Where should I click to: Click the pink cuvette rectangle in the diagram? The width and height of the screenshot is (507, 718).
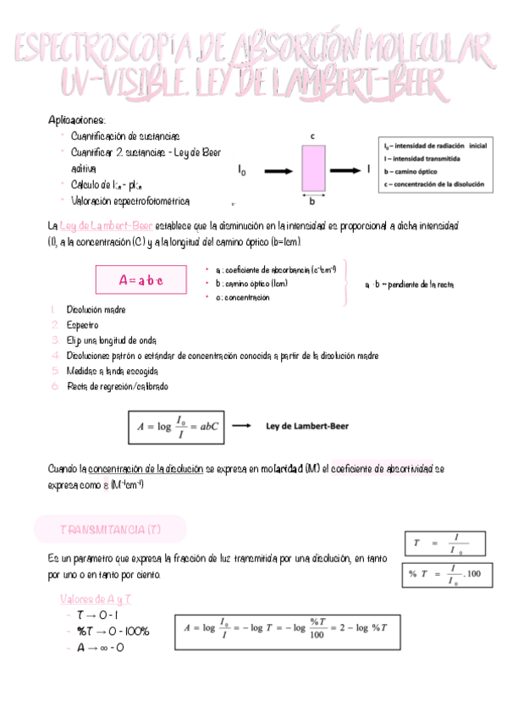click(312, 168)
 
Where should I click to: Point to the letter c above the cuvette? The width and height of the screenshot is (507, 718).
click(313, 135)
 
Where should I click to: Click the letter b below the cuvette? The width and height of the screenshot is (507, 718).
click(312, 202)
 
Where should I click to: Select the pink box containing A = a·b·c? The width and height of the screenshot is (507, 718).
click(141, 279)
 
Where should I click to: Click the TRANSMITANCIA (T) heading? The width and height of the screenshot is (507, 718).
click(110, 529)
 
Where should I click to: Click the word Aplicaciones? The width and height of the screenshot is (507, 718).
click(77, 120)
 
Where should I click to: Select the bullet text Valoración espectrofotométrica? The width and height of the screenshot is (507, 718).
click(130, 201)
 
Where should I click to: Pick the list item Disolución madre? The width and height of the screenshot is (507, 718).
click(96, 310)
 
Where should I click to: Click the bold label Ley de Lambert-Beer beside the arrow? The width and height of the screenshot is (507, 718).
click(306, 426)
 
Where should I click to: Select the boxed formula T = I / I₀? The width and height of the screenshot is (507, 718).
click(444, 543)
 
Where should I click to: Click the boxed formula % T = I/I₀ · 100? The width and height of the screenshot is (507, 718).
click(444, 575)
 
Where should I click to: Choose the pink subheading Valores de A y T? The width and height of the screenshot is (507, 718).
click(91, 599)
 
